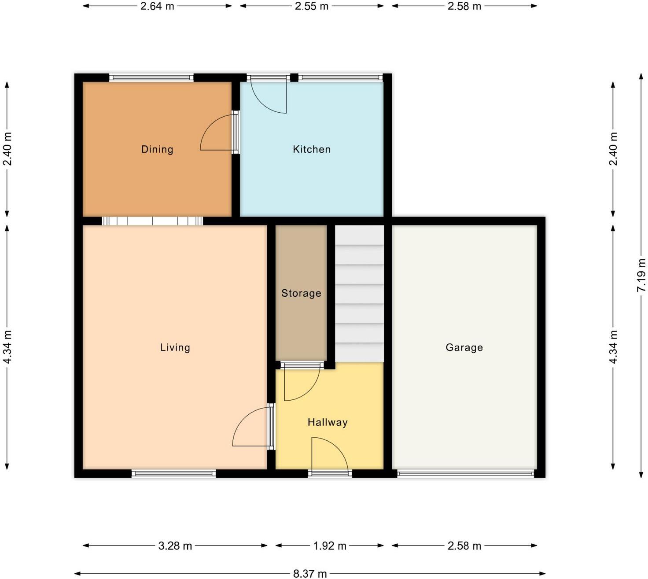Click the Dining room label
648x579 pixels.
coord(157,149)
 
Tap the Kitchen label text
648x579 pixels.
coord(312,149)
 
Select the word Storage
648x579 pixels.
coord(301,293)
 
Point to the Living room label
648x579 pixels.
coord(175,347)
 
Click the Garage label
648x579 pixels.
coord(464,347)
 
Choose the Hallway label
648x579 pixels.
coord(328,422)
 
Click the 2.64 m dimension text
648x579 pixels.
coord(157,6)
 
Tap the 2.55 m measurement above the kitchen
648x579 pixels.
coord(312,6)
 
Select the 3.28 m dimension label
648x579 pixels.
coord(175,546)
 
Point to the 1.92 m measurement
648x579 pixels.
coord(330,546)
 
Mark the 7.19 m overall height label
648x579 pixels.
coord(641,275)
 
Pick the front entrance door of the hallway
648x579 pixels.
coord(329,456)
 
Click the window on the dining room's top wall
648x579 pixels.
coord(151,78)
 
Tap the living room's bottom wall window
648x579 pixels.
coord(173,474)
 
